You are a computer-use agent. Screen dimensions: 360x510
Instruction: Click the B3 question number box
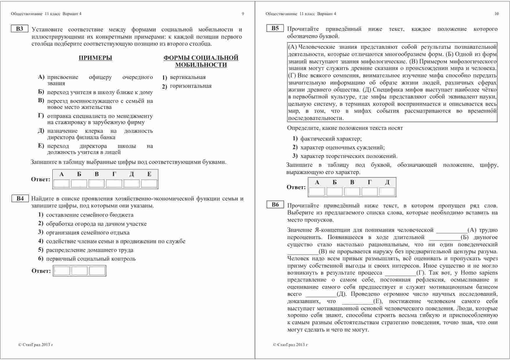[x=19, y=29]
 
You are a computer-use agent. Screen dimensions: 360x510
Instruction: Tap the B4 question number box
[x=20, y=198]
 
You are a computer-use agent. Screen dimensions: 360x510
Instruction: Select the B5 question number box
[x=275, y=28]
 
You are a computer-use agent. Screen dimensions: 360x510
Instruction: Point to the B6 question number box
[x=275, y=205]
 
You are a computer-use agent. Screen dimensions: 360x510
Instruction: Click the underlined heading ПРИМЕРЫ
[x=95, y=58]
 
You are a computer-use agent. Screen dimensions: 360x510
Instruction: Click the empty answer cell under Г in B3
[x=114, y=183]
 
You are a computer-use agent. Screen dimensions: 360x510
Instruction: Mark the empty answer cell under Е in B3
[x=149, y=183]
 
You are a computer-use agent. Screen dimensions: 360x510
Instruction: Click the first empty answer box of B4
[x=62, y=271]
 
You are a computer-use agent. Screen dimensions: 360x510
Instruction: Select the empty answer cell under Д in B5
[x=387, y=191]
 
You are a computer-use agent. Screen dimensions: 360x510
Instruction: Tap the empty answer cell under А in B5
[x=317, y=191]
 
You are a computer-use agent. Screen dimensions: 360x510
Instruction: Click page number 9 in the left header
[x=243, y=14]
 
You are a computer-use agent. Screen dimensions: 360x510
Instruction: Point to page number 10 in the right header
[x=496, y=14]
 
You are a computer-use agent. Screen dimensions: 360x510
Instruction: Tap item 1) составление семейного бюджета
[x=86, y=215]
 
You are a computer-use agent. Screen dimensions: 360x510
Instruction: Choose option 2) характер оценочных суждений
[x=339, y=148]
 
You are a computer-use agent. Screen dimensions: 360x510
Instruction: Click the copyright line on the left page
[x=36, y=345]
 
